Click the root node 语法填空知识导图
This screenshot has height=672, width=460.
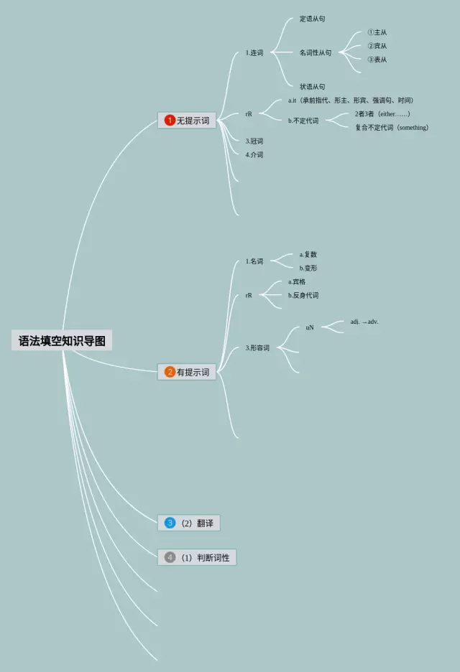62,341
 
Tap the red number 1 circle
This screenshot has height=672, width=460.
170,121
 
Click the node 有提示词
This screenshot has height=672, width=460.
187,372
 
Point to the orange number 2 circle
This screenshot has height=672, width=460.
170,372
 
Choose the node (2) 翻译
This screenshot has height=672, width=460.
189,523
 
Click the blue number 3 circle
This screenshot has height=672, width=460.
170,523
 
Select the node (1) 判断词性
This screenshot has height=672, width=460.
197,557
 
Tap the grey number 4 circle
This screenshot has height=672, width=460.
170,557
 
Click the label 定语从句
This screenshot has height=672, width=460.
312,19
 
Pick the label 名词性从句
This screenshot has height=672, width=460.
316,52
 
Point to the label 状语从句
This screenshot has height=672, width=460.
312,87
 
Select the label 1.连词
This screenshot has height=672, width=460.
254,52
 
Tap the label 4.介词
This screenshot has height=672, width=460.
254,154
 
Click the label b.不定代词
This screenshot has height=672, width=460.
303,121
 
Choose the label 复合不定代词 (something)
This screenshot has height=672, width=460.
392,128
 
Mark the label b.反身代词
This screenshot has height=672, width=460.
303,295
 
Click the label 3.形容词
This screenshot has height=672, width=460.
257,348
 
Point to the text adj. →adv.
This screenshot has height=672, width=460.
364,322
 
